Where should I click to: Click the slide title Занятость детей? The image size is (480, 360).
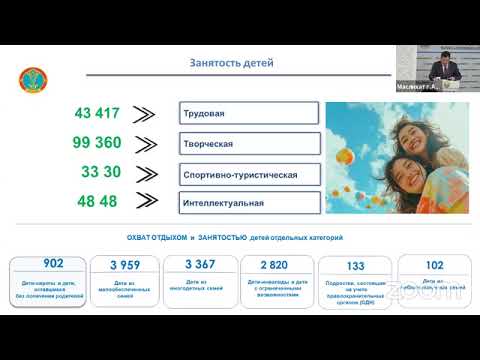(x=231, y=64)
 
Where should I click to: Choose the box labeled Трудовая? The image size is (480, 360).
(x=249, y=112)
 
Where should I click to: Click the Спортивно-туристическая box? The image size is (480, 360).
(x=249, y=174)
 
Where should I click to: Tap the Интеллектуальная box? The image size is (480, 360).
(x=249, y=203)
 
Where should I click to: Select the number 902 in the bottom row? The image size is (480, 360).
(x=53, y=263)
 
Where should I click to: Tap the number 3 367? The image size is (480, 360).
(x=201, y=264)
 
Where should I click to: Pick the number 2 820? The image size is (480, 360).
(x=273, y=265)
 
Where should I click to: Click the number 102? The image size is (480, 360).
(x=434, y=265)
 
